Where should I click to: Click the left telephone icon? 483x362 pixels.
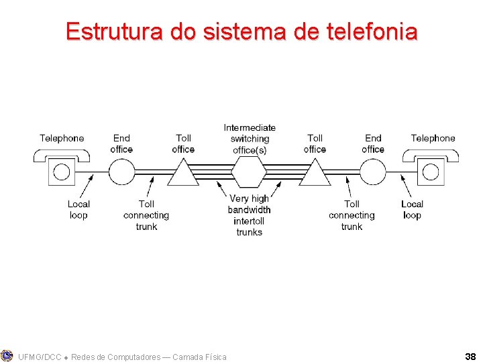point(61,168)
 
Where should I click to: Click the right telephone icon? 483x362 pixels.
point(431,168)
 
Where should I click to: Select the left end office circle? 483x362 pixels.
point(121,172)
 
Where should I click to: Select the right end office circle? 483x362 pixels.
point(374,172)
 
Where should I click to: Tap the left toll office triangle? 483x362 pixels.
point(182,174)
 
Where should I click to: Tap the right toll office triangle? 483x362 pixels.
point(315,174)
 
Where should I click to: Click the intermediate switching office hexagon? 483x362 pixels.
point(249,172)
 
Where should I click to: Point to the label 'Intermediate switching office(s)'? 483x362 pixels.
point(250,139)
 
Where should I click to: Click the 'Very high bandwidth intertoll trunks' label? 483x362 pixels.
point(250,215)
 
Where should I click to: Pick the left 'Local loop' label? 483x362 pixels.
point(78,209)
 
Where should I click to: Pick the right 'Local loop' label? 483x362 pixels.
point(412,209)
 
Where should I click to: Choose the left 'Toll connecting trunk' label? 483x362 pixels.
point(146,215)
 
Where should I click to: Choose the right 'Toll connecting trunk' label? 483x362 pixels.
point(352,215)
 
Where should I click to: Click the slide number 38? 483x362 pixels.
point(470,356)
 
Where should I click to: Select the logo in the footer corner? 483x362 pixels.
point(7,355)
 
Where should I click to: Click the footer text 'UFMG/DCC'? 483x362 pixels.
point(39,357)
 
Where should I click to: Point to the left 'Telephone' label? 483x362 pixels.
point(62,138)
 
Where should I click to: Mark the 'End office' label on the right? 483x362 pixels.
point(373,143)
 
